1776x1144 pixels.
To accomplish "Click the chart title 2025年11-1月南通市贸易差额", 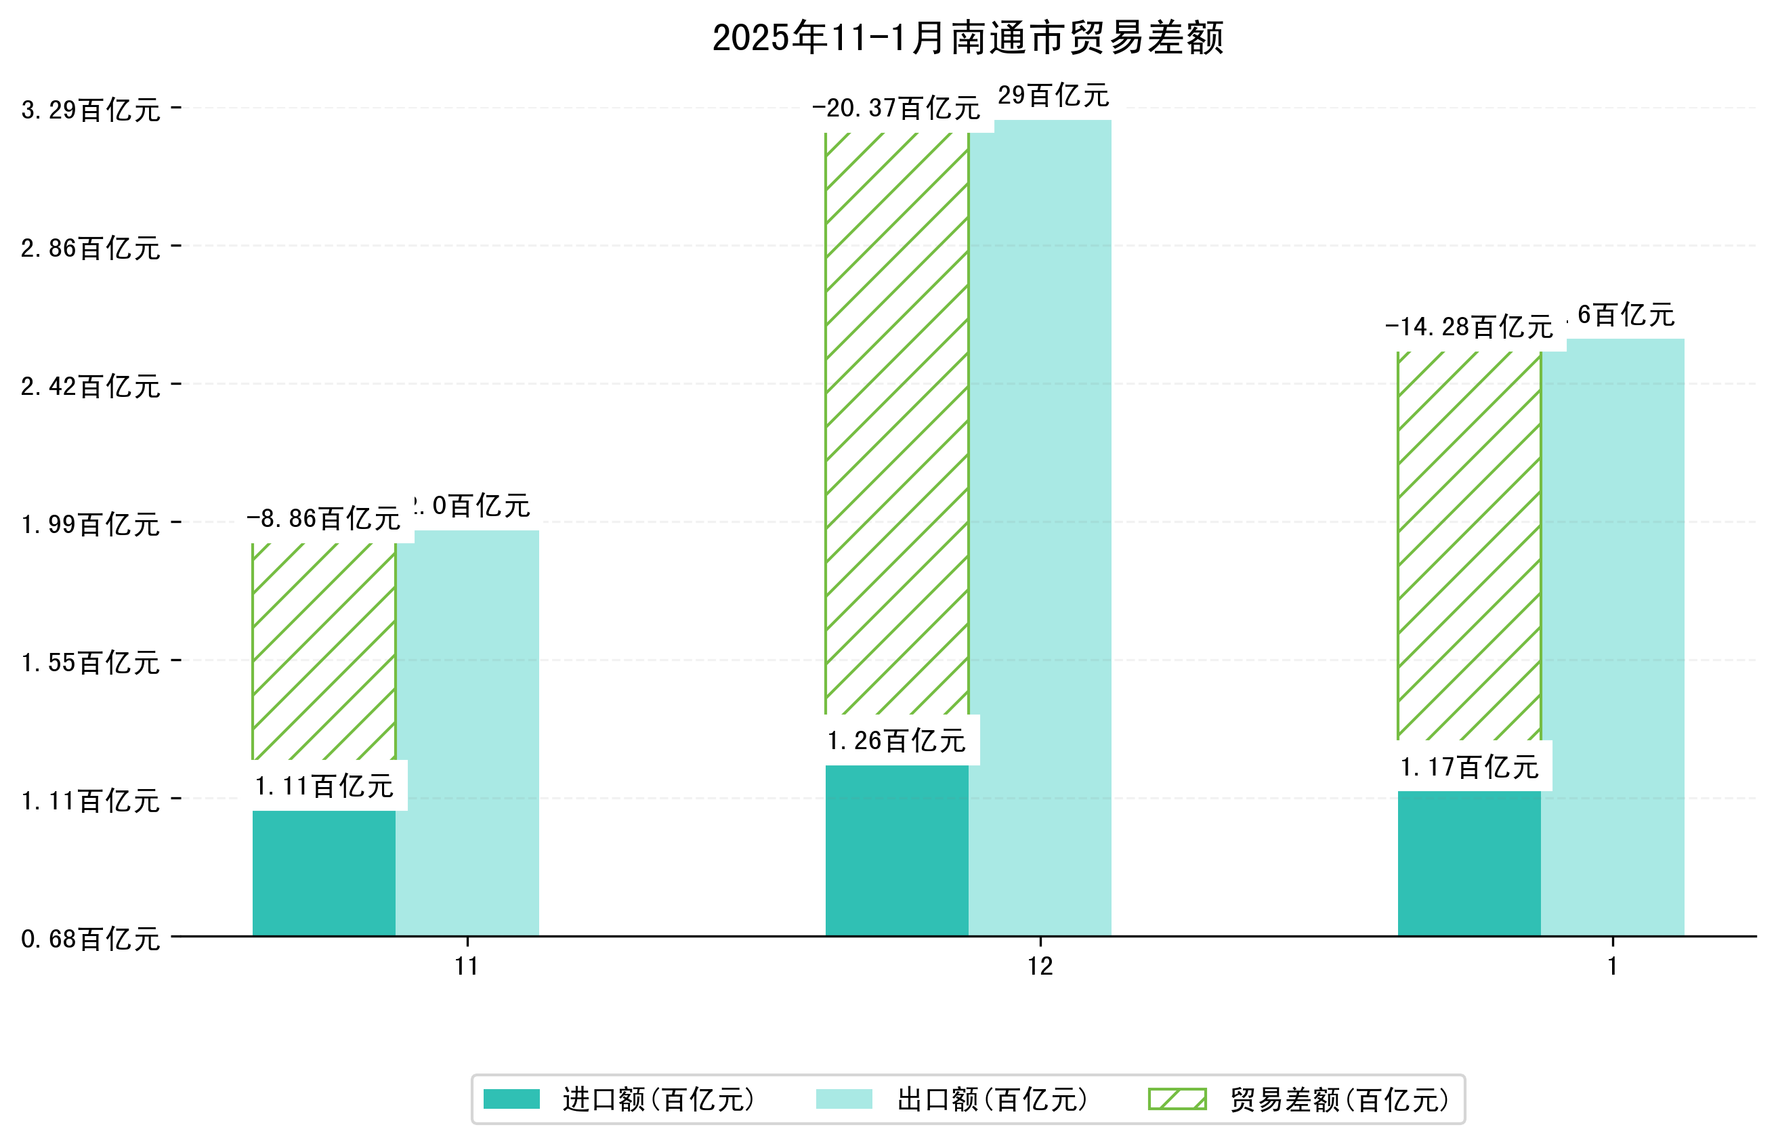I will pos(967,38).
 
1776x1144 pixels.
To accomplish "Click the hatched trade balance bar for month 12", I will pos(897,423).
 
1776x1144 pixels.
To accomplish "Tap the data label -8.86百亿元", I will pos(323,519).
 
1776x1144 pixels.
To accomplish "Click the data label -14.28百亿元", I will pos(1468,327).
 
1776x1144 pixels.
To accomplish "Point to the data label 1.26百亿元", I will pos(897,740).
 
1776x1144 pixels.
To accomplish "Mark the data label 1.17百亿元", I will pos(1468,767).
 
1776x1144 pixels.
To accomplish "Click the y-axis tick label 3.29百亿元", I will pos(91,110).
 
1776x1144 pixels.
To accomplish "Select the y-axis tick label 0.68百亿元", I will pos(91,939).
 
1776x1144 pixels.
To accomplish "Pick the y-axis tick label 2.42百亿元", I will pos(91,386).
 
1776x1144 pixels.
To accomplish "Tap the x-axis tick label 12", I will pos(1040,967).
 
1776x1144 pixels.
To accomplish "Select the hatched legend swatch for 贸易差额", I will pos(1177,1099).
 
